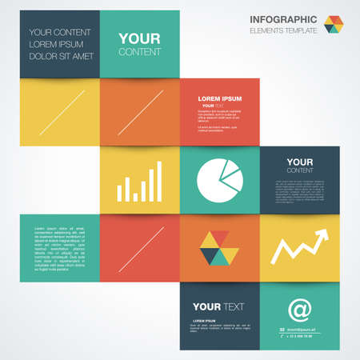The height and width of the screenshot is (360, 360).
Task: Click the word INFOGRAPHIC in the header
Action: pyautogui.click(x=283, y=19)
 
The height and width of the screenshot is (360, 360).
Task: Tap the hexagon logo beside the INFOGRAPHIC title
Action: pyautogui.click(x=334, y=24)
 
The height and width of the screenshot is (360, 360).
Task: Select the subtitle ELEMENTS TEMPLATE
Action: pyautogui.click(x=285, y=30)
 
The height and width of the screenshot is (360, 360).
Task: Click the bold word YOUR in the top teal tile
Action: pyautogui.click(x=139, y=38)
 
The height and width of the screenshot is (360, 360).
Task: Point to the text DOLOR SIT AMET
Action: pyautogui.click(x=61, y=56)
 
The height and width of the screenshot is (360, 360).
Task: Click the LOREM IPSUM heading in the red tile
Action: pyautogui.click(x=220, y=98)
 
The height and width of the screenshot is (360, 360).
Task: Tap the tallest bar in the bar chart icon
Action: pyautogui.click(x=159, y=181)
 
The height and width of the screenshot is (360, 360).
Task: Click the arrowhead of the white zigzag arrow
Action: pyautogui.click(x=322, y=235)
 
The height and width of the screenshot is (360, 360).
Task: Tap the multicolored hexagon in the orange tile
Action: pyautogui.click(x=219, y=247)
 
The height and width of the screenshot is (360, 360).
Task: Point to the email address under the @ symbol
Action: pyautogui.click(x=303, y=330)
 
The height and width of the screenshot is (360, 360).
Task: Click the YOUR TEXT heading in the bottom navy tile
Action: pyautogui.click(x=218, y=306)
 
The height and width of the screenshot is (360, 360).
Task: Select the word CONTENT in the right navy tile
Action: pyautogui.click(x=300, y=170)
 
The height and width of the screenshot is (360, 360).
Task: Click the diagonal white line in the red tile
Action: pyautogui.click(x=140, y=249)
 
